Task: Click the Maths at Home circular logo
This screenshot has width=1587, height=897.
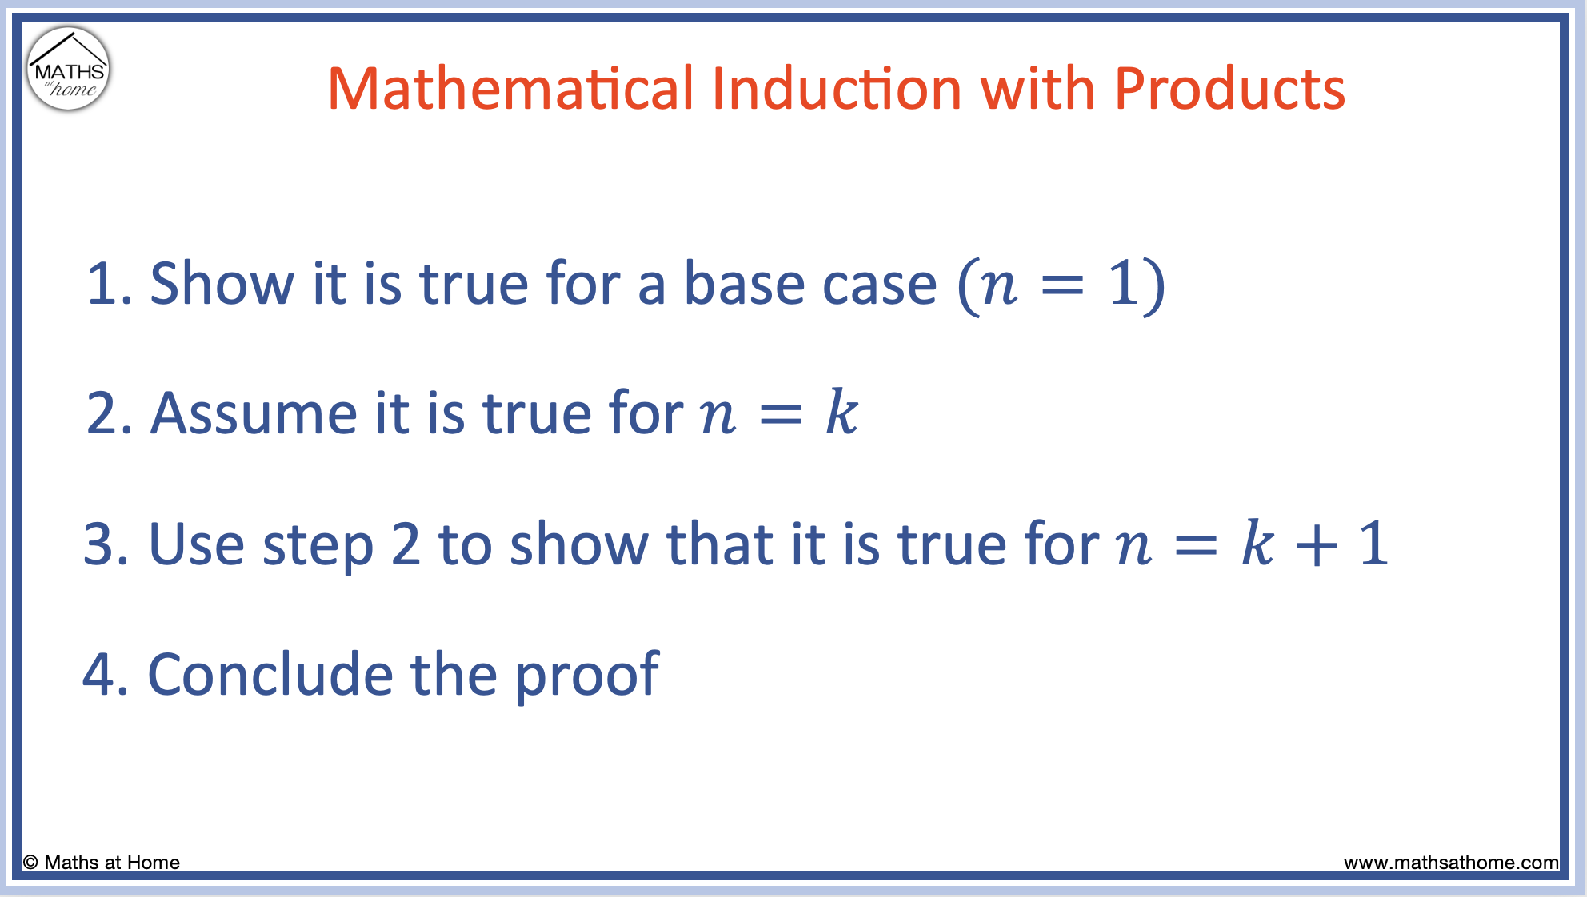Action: pos(68,69)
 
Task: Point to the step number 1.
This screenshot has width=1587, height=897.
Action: pos(102,284)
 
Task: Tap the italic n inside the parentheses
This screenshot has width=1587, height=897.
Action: pos(1000,285)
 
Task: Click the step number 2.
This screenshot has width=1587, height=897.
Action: pos(102,413)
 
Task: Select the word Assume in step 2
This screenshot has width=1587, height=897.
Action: pos(254,413)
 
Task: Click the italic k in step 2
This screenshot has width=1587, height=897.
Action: pos(841,413)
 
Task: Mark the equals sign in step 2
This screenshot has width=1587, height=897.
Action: pos(780,415)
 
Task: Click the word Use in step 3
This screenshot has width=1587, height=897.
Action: pos(196,544)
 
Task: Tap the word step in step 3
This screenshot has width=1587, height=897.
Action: pos(318,548)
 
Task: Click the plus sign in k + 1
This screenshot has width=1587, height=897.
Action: pos(1317,546)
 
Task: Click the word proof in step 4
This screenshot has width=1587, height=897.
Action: pos(586,678)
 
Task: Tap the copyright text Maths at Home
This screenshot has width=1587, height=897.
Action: pos(102,863)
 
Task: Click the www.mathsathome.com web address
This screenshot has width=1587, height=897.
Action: pos(1451,863)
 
